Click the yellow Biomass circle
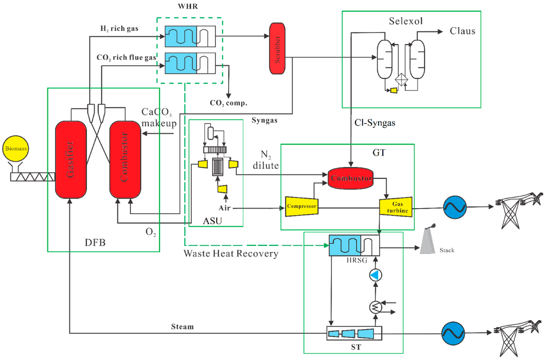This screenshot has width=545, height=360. click(16, 149)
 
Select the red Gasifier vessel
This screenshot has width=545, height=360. click(71, 160)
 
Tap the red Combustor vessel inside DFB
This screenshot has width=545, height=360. click(125, 160)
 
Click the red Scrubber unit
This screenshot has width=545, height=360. click(277, 49)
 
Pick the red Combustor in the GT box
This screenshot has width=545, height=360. click(350, 178)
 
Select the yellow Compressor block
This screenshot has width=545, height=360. click(302, 207)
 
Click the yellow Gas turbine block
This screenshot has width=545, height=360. click(396, 207)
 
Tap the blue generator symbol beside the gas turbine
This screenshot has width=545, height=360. click(455, 208)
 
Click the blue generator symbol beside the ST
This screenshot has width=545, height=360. click(453, 333)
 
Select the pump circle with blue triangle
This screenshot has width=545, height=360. click(376, 275)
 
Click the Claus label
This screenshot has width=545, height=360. click(462, 31)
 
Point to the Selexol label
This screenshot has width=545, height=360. click(406, 21)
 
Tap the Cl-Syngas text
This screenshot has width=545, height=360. click(375, 123)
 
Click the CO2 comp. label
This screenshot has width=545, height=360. click(228, 103)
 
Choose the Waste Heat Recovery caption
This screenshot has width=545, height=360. click(231, 254)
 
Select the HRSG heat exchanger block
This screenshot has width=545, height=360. click(354, 245)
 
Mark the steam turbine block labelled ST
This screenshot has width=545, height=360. click(354, 333)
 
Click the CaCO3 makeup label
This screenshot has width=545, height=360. click(159, 117)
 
